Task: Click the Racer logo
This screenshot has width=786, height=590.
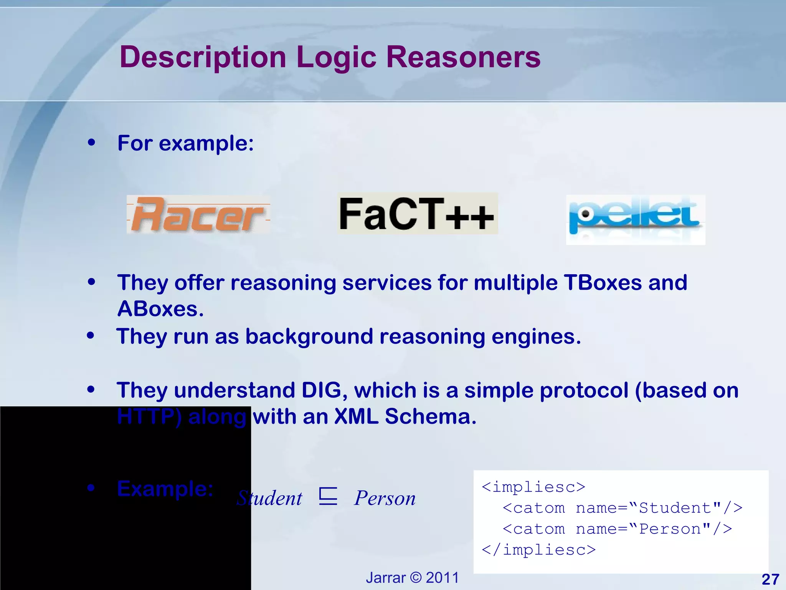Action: [x=198, y=214]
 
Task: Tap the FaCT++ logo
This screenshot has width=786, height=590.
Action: [x=417, y=214]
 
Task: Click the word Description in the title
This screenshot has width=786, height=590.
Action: [x=203, y=57]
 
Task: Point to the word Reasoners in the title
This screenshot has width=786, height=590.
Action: [x=463, y=57]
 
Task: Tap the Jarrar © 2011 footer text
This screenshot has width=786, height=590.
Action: [x=412, y=578]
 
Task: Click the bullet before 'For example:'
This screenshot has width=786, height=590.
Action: [x=91, y=143]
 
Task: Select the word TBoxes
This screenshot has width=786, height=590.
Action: [x=603, y=283]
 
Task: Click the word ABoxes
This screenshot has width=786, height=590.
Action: [x=160, y=309]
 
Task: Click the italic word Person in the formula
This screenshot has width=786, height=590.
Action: [x=385, y=499]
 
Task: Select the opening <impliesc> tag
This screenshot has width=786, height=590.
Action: [x=533, y=487]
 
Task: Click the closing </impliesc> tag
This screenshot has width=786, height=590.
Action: [x=538, y=550]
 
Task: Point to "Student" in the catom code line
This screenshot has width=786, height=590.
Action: [x=680, y=508]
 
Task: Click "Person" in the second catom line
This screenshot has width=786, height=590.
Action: [x=674, y=529]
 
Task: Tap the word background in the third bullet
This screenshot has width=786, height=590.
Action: [x=309, y=336]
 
